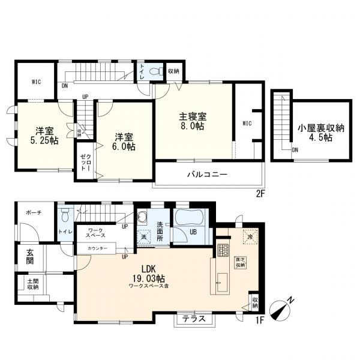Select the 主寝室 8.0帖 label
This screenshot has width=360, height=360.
click(x=193, y=121)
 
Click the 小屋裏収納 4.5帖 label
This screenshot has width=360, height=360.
click(x=321, y=133)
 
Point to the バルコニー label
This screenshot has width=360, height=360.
click(x=208, y=175)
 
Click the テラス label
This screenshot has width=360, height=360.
click(x=194, y=319)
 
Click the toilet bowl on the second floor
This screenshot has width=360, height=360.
click(x=155, y=71)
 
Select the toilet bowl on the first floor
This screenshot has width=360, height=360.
click(x=65, y=215)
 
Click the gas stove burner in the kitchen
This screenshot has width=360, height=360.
click(x=223, y=250)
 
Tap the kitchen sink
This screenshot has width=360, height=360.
click(x=222, y=282)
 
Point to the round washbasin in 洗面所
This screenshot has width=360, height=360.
click(x=142, y=216)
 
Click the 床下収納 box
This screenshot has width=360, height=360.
click(x=240, y=262)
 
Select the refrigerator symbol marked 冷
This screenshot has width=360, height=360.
click(x=250, y=236)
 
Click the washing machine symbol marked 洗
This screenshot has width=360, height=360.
click(x=144, y=236)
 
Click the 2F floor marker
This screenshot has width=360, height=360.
click(x=260, y=194)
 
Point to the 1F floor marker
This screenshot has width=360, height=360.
click(x=259, y=320)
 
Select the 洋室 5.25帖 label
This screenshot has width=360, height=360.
click(x=44, y=136)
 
